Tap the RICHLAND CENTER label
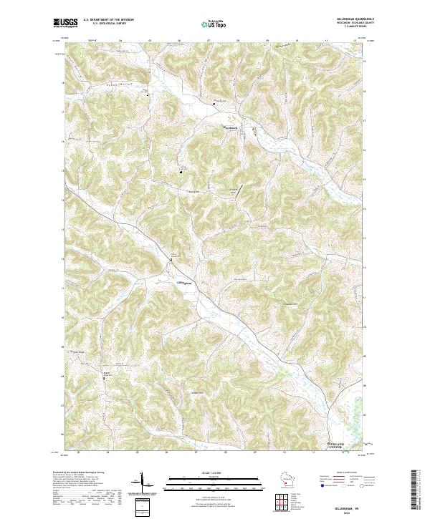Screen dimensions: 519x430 (x=327, y=446)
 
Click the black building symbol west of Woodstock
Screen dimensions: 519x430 (x=213, y=105)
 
